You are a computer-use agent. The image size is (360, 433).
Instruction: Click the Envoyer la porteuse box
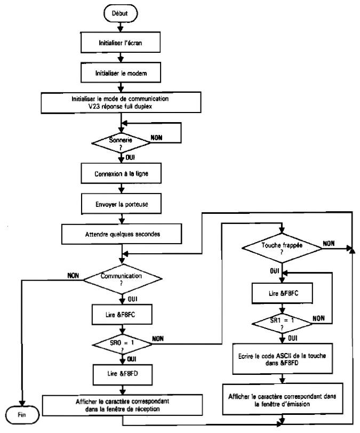point(122,203)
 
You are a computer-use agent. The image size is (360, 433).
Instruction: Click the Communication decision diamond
point(122,277)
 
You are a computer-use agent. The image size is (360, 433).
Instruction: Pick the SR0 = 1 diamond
point(122,341)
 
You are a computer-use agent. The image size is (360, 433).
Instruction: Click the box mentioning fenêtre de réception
point(122,405)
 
